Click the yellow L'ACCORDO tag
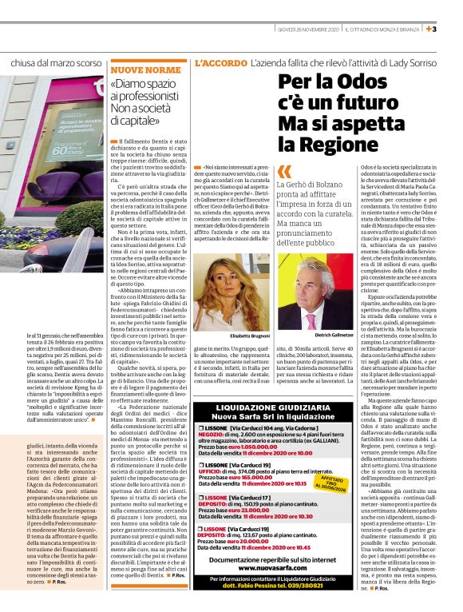pyautogui.click(x=220, y=62)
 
